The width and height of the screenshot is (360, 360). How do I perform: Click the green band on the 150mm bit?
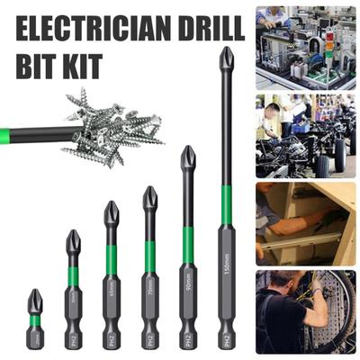(x=227, y=205)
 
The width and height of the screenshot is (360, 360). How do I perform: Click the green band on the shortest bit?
(x=34, y=320)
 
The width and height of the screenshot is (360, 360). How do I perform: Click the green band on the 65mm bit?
(x=111, y=259)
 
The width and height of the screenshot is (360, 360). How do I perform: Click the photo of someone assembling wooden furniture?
(x=305, y=220)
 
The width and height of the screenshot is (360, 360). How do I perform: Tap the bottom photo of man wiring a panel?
(x=305, y=310)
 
